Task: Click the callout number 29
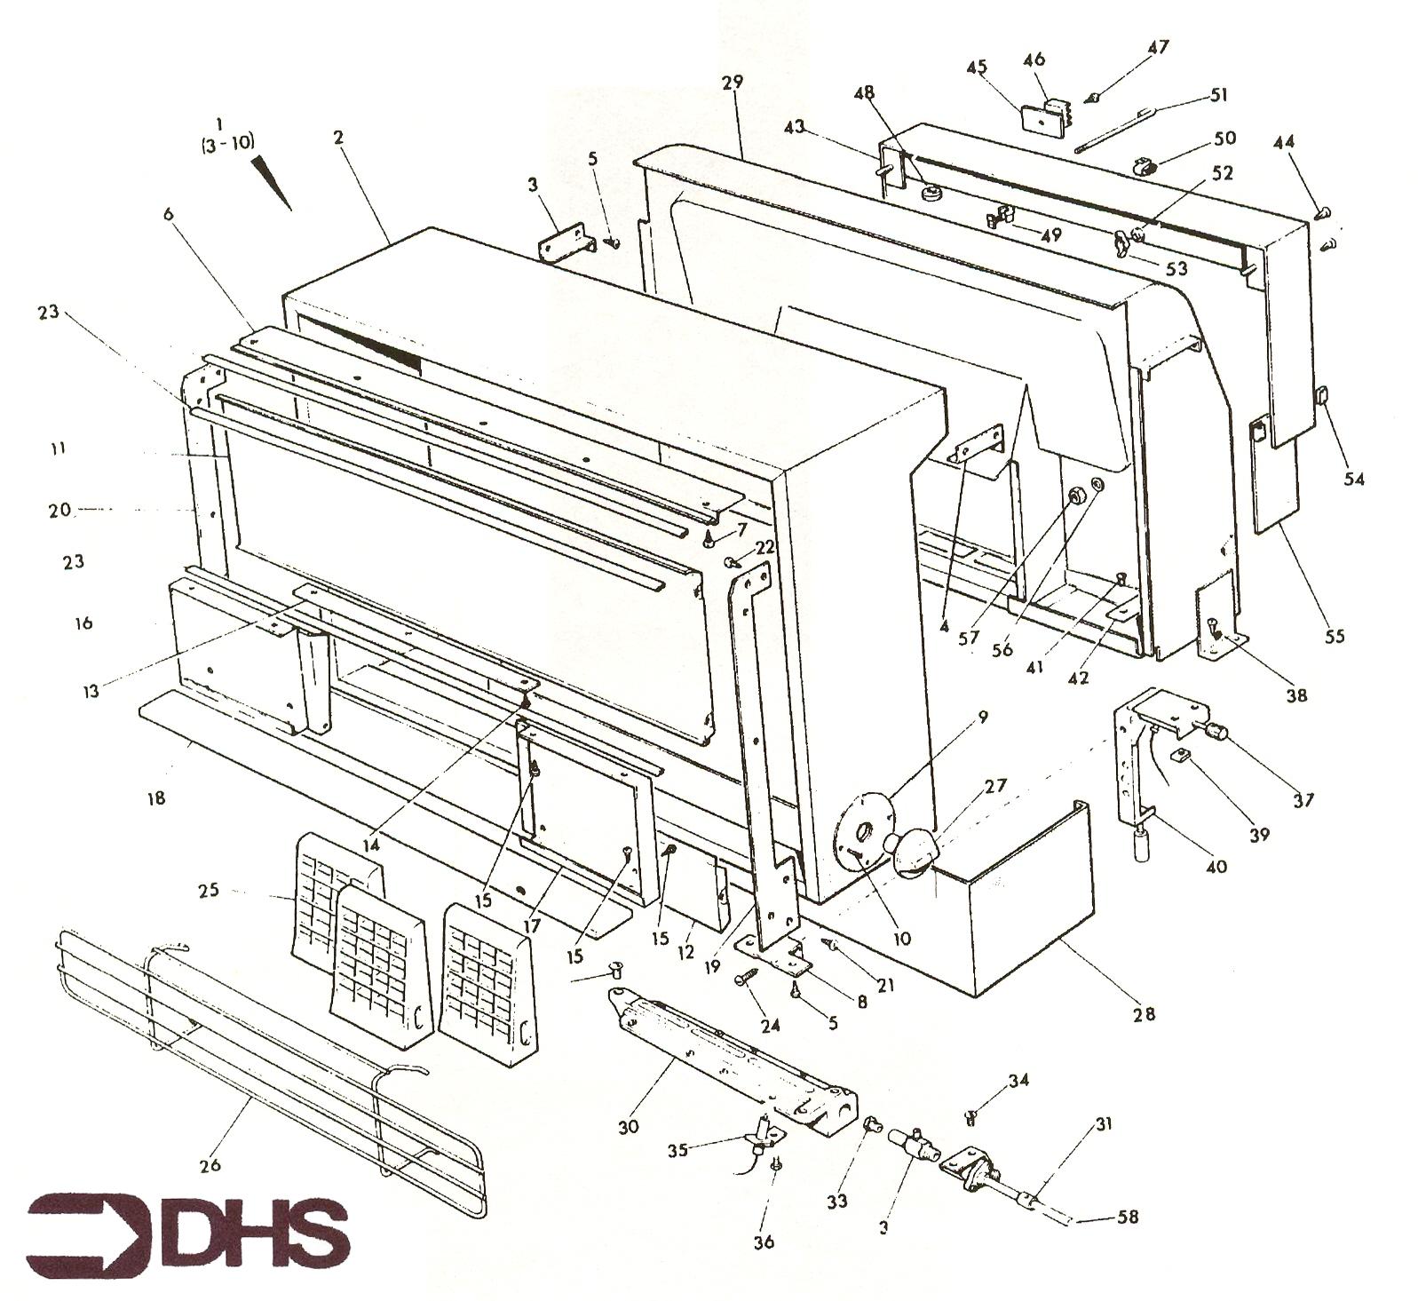pos(733,82)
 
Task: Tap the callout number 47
pos(1159,46)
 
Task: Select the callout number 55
pos(1335,636)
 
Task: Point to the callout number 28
pos(1145,1013)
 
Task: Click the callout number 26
pos(210,1164)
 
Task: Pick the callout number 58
pos(1127,1216)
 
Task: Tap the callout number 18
pos(156,798)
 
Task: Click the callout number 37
pos(1303,800)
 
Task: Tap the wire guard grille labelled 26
pos(271,1074)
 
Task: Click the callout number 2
pos(338,138)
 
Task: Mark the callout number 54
pos(1354,479)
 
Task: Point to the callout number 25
pos(209,890)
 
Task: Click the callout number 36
pos(764,1242)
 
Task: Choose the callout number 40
pos(1216,866)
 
